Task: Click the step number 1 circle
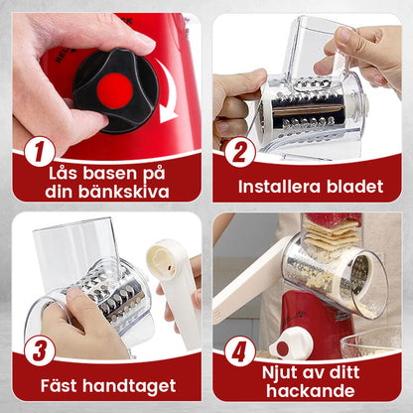tap(38, 152)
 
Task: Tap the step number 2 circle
tap(239, 151)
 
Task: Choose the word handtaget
tap(135, 385)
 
